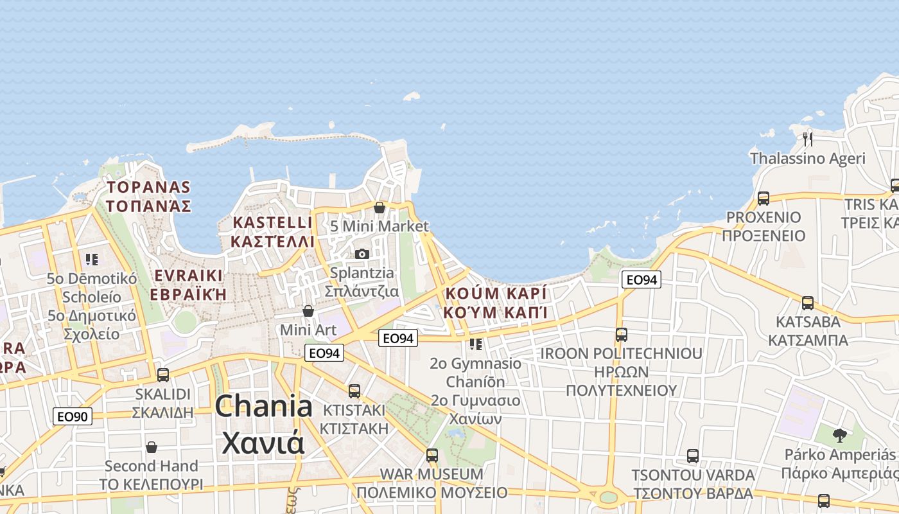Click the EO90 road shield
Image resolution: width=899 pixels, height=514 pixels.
72,416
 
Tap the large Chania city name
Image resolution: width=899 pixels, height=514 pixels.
264,424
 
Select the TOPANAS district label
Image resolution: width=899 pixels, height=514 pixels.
149,196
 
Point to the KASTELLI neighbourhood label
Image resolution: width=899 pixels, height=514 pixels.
273,232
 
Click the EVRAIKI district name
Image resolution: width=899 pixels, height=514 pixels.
189,285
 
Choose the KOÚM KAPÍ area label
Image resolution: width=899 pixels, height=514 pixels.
496,303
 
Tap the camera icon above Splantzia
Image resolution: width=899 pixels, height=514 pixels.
362,254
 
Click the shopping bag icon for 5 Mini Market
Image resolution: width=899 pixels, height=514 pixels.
379,208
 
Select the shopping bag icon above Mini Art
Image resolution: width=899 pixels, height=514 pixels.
308,311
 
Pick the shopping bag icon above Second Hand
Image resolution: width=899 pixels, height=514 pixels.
152,447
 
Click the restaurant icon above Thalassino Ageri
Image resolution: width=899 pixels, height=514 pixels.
808,138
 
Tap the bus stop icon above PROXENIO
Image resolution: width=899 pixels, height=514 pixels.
763,199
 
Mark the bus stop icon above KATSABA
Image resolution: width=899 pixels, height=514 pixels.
808,303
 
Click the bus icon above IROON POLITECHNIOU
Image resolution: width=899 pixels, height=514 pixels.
621,334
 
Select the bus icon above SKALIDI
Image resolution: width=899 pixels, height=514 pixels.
163,375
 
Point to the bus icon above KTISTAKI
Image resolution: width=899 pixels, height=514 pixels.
354,391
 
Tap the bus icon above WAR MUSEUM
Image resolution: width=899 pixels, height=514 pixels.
432,456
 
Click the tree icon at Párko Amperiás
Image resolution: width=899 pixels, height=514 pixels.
839,435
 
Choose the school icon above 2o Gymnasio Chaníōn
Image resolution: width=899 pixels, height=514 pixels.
475,344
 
